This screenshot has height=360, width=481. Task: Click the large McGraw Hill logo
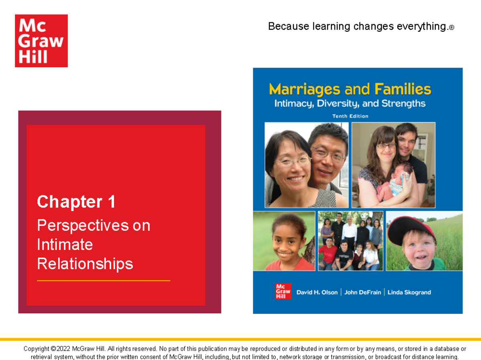click(41, 41)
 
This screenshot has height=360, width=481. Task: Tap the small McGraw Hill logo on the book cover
click(283, 292)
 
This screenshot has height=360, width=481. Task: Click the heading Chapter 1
click(76, 202)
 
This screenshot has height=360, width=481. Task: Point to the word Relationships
click(85, 264)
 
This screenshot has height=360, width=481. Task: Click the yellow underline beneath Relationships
click(103, 281)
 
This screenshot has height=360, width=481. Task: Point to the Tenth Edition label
click(350, 116)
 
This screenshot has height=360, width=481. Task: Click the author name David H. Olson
click(317, 292)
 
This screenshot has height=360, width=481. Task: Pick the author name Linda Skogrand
click(409, 292)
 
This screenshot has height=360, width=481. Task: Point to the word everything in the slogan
click(421, 26)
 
